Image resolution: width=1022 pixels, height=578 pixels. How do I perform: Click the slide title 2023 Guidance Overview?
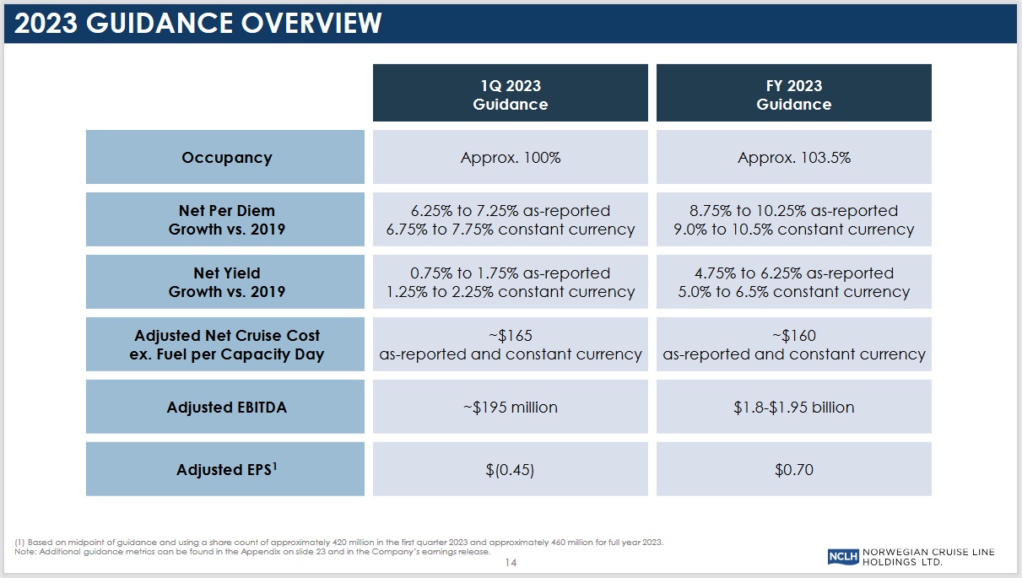(198, 23)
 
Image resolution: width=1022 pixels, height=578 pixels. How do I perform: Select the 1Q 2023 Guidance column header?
(510, 95)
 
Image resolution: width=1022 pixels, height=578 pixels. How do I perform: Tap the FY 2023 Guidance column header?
(793, 95)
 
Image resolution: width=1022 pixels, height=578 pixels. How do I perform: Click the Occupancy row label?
(226, 158)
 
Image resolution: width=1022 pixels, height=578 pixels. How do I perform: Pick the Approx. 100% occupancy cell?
(510, 158)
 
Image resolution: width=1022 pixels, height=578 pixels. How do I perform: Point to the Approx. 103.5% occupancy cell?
(793, 158)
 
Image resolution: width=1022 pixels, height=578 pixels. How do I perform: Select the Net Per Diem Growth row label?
(226, 219)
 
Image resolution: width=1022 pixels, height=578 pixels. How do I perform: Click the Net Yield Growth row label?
(226, 282)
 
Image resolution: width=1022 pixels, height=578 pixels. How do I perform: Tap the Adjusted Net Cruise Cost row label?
(226, 344)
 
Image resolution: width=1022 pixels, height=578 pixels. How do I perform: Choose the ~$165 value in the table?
(510, 336)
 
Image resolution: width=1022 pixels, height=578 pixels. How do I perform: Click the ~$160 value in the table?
(793, 336)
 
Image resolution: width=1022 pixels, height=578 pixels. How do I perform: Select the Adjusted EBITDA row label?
(226, 408)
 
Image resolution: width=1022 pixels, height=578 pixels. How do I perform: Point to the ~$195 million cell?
(510, 408)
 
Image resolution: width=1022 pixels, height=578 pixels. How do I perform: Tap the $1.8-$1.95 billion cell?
(793, 408)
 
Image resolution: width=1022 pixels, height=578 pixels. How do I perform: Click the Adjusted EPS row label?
(224, 470)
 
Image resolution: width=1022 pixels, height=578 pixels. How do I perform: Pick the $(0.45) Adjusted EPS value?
(510, 470)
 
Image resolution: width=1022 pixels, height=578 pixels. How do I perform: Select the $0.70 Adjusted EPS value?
(793, 470)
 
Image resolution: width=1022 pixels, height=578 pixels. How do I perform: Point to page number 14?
(510, 563)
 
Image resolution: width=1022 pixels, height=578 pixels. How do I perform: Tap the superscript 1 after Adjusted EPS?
(275, 465)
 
